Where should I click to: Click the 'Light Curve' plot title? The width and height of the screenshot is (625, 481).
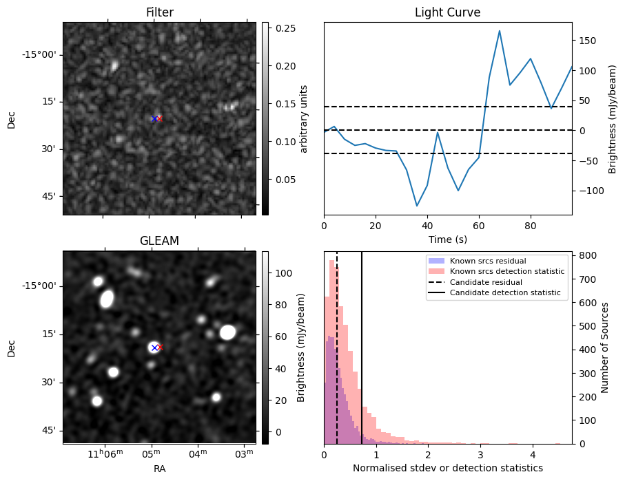click(x=447, y=13)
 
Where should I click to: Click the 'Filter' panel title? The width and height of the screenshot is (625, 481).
click(x=159, y=13)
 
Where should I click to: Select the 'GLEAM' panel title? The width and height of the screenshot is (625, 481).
click(x=159, y=241)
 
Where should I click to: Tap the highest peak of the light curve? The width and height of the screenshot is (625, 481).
click(x=500, y=30)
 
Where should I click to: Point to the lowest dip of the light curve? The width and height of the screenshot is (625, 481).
click(x=417, y=206)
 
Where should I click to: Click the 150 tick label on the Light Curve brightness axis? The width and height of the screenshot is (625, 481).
click(x=588, y=41)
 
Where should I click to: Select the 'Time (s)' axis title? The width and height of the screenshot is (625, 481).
click(x=447, y=239)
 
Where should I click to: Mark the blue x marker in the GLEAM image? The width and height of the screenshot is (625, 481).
click(x=154, y=348)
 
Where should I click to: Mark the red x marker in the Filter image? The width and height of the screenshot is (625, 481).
click(x=159, y=118)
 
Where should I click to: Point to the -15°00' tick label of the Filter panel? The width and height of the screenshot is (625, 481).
click(x=41, y=55)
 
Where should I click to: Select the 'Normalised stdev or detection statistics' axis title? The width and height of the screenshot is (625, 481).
click(x=447, y=468)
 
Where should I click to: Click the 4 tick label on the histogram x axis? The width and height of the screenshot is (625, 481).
click(x=533, y=455)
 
